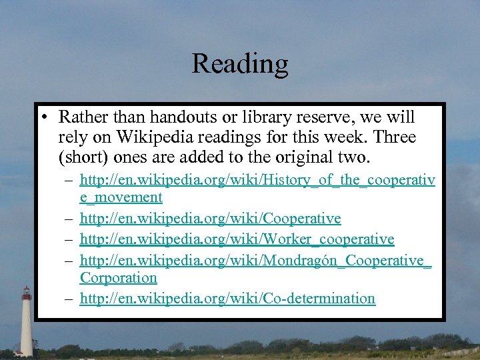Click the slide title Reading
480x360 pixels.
240,64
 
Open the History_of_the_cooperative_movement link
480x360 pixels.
257,179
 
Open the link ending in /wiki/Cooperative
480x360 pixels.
210,219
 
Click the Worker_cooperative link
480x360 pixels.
237,239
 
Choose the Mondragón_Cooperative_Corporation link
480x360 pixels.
255,259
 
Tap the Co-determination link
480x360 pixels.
227,299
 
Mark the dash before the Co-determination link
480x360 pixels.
69,299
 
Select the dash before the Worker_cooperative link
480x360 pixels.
69,239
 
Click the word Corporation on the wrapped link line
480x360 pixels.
118,278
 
